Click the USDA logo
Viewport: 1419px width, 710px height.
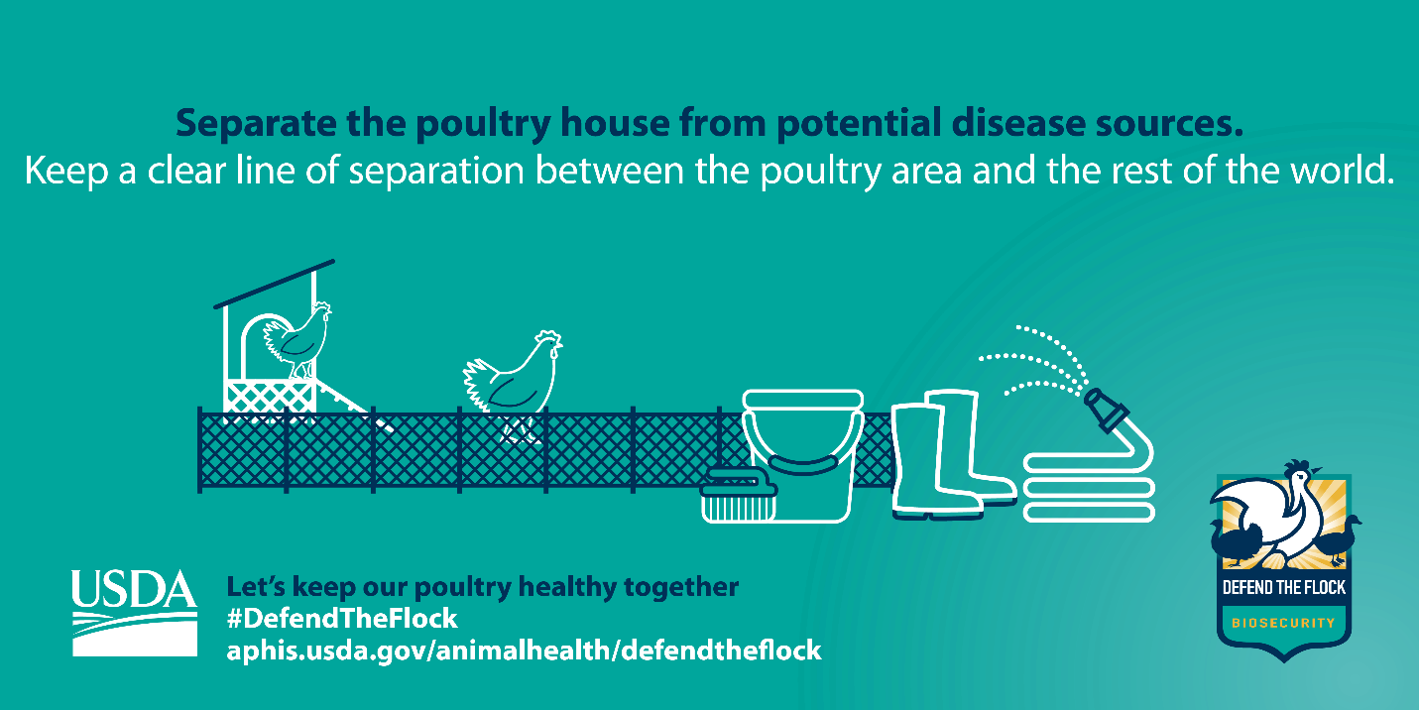134,613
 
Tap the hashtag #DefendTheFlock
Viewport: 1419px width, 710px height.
342,619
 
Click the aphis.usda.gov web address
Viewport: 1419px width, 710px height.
524,651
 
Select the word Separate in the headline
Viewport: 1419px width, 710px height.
256,124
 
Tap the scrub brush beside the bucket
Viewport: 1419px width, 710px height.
739,495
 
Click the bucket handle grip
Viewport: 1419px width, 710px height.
802,464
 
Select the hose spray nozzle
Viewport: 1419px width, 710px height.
1106,411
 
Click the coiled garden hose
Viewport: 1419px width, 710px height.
1089,487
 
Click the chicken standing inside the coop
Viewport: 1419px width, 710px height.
297,340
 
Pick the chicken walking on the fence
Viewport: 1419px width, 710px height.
513,383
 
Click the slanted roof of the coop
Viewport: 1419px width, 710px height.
275,284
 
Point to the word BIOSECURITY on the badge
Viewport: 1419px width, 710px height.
1283,623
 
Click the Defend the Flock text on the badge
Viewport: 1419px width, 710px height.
1283,588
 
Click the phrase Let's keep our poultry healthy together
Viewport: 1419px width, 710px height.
483,587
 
